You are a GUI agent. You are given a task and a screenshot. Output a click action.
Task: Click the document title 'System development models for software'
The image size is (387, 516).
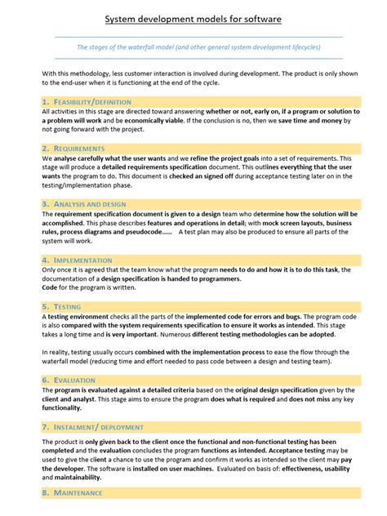tap(193, 17)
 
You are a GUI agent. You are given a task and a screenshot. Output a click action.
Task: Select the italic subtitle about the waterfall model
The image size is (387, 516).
tap(198, 47)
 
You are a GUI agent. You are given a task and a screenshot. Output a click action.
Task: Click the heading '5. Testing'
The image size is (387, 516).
tap(61, 306)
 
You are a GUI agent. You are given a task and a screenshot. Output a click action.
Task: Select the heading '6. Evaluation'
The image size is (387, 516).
tap(69, 380)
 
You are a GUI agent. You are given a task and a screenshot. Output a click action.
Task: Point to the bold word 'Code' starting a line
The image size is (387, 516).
tap(49, 287)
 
